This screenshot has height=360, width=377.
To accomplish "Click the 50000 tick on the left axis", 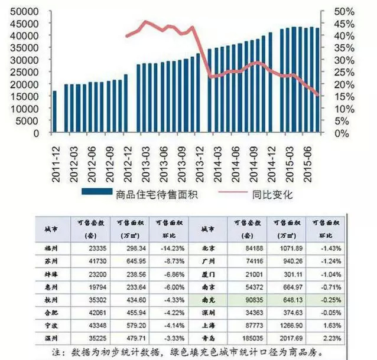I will click(x=23, y=11).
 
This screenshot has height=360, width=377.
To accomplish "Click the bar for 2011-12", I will click(x=55, y=112).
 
